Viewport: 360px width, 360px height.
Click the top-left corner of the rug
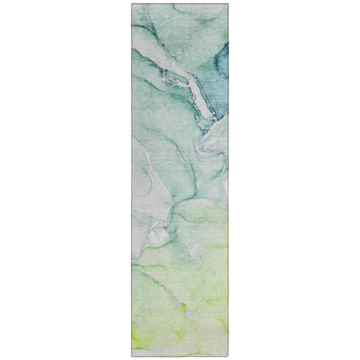[x=132, y=4]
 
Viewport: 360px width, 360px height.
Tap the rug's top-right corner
[x=229, y=4]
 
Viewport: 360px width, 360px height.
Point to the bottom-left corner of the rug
[x=132, y=356]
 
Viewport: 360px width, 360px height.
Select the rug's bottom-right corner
[x=229, y=356]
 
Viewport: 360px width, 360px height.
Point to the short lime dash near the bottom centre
[x=182, y=309]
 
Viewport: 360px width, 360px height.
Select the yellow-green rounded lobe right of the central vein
[x=201, y=210]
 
